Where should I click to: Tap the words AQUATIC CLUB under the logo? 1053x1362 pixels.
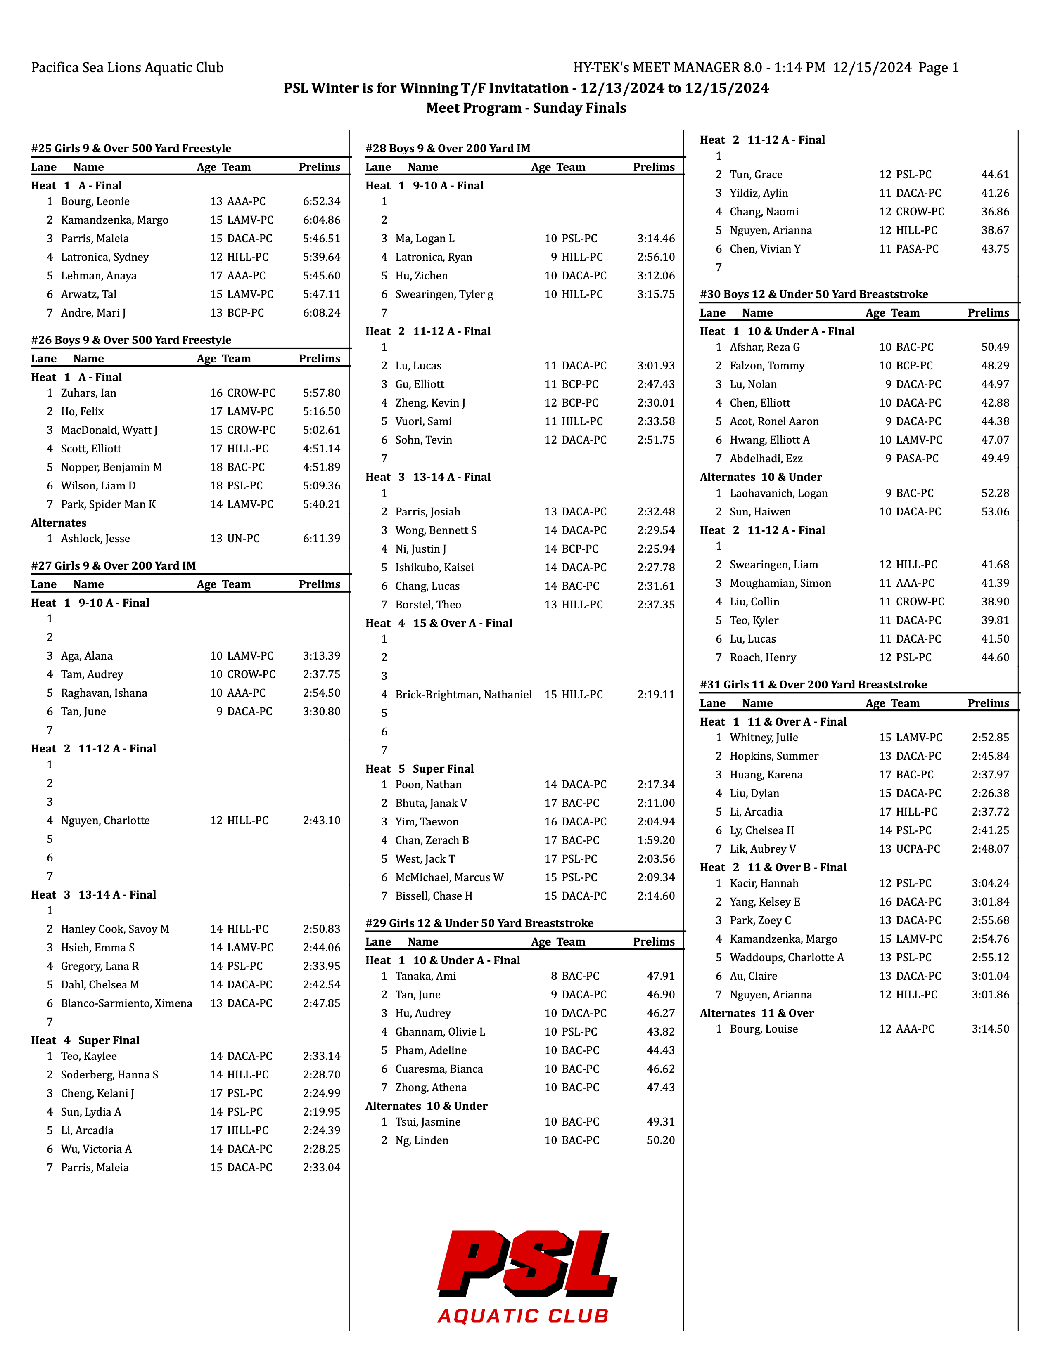tap(523, 1316)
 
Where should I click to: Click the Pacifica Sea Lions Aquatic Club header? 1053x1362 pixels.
tap(127, 67)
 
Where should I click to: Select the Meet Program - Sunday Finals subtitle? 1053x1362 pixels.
tap(526, 108)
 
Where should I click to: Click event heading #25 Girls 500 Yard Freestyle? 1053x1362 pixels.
tap(131, 149)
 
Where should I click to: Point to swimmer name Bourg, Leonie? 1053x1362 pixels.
tap(95, 201)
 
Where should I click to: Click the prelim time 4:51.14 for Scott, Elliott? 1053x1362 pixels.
tap(321, 448)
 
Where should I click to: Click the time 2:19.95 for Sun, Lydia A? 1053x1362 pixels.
tap(321, 1111)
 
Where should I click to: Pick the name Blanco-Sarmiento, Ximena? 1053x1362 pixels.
tap(127, 1003)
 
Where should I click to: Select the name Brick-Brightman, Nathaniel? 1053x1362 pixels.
tap(463, 694)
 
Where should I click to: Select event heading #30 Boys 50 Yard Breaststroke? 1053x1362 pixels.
tap(813, 294)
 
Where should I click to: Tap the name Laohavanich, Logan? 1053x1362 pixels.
tap(778, 493)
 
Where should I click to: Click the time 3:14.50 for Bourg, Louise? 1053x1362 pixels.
tap(990, 1029)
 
